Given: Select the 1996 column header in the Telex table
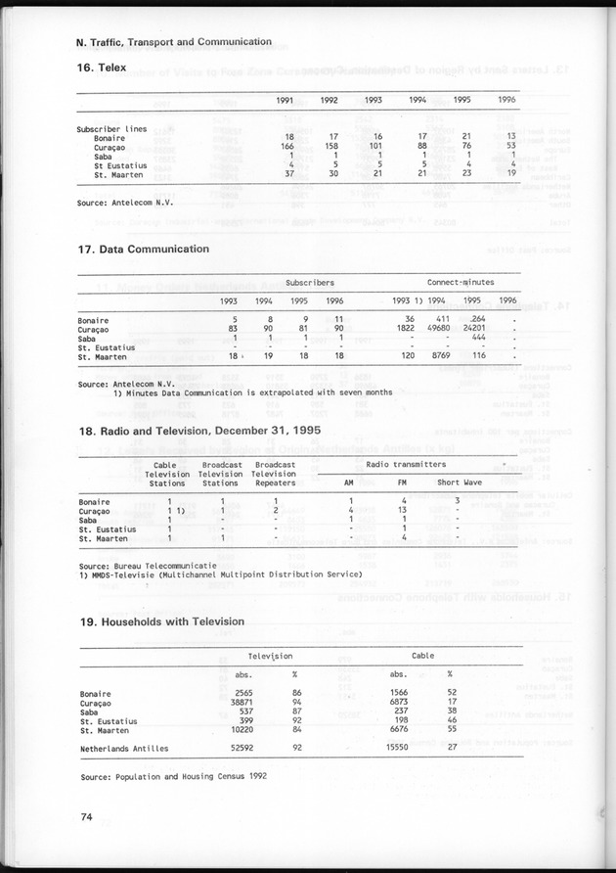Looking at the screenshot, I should coord(506,100).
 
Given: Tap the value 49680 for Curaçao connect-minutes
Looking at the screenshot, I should coord(437,328).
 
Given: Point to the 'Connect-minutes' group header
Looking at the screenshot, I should coord(461,282).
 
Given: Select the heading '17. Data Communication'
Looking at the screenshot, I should coord(143,250).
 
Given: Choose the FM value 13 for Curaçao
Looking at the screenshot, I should coord(401,510).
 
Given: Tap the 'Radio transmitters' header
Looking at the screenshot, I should coord(406,464).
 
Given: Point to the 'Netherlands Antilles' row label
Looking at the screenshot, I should coord(124,749).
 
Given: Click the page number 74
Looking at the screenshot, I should coord(87,815).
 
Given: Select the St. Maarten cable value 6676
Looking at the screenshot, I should coord(398,729).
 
